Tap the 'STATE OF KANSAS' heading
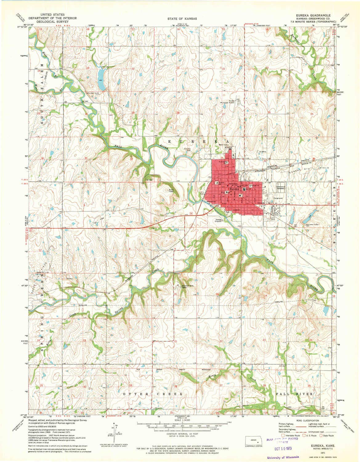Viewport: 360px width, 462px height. tap(180, 19)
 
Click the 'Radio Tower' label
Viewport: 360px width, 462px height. tap(172, 191)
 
